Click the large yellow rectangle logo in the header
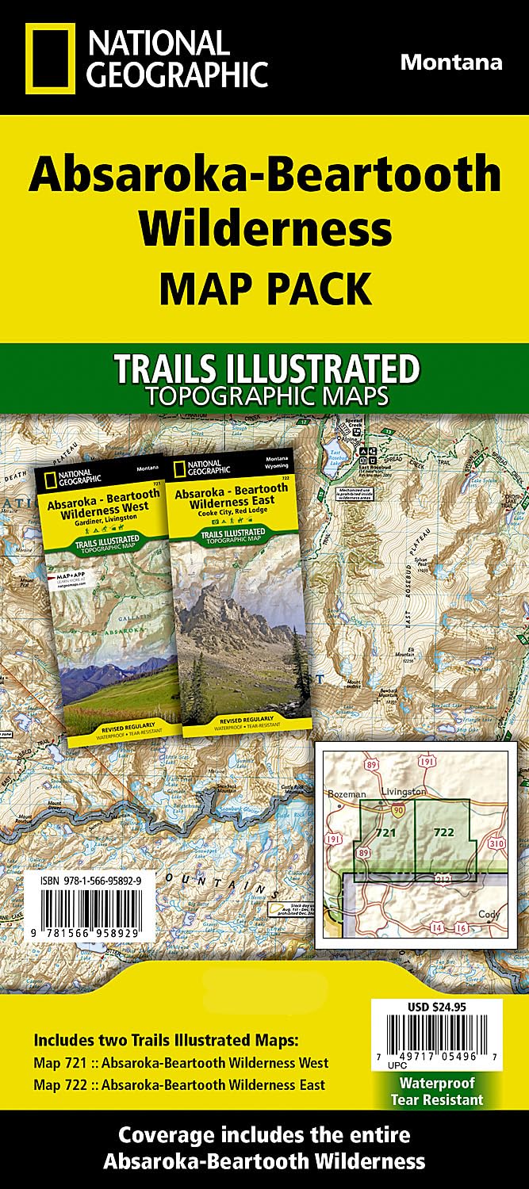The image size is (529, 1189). [x=50, y=59]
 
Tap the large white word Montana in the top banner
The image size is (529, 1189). [x=450, y=62]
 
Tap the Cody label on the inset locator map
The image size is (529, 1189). [x=490, y=914]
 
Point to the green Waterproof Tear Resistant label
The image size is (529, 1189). [x=437, y=1091]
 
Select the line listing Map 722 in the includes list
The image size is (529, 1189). [x=179, y=1084]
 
